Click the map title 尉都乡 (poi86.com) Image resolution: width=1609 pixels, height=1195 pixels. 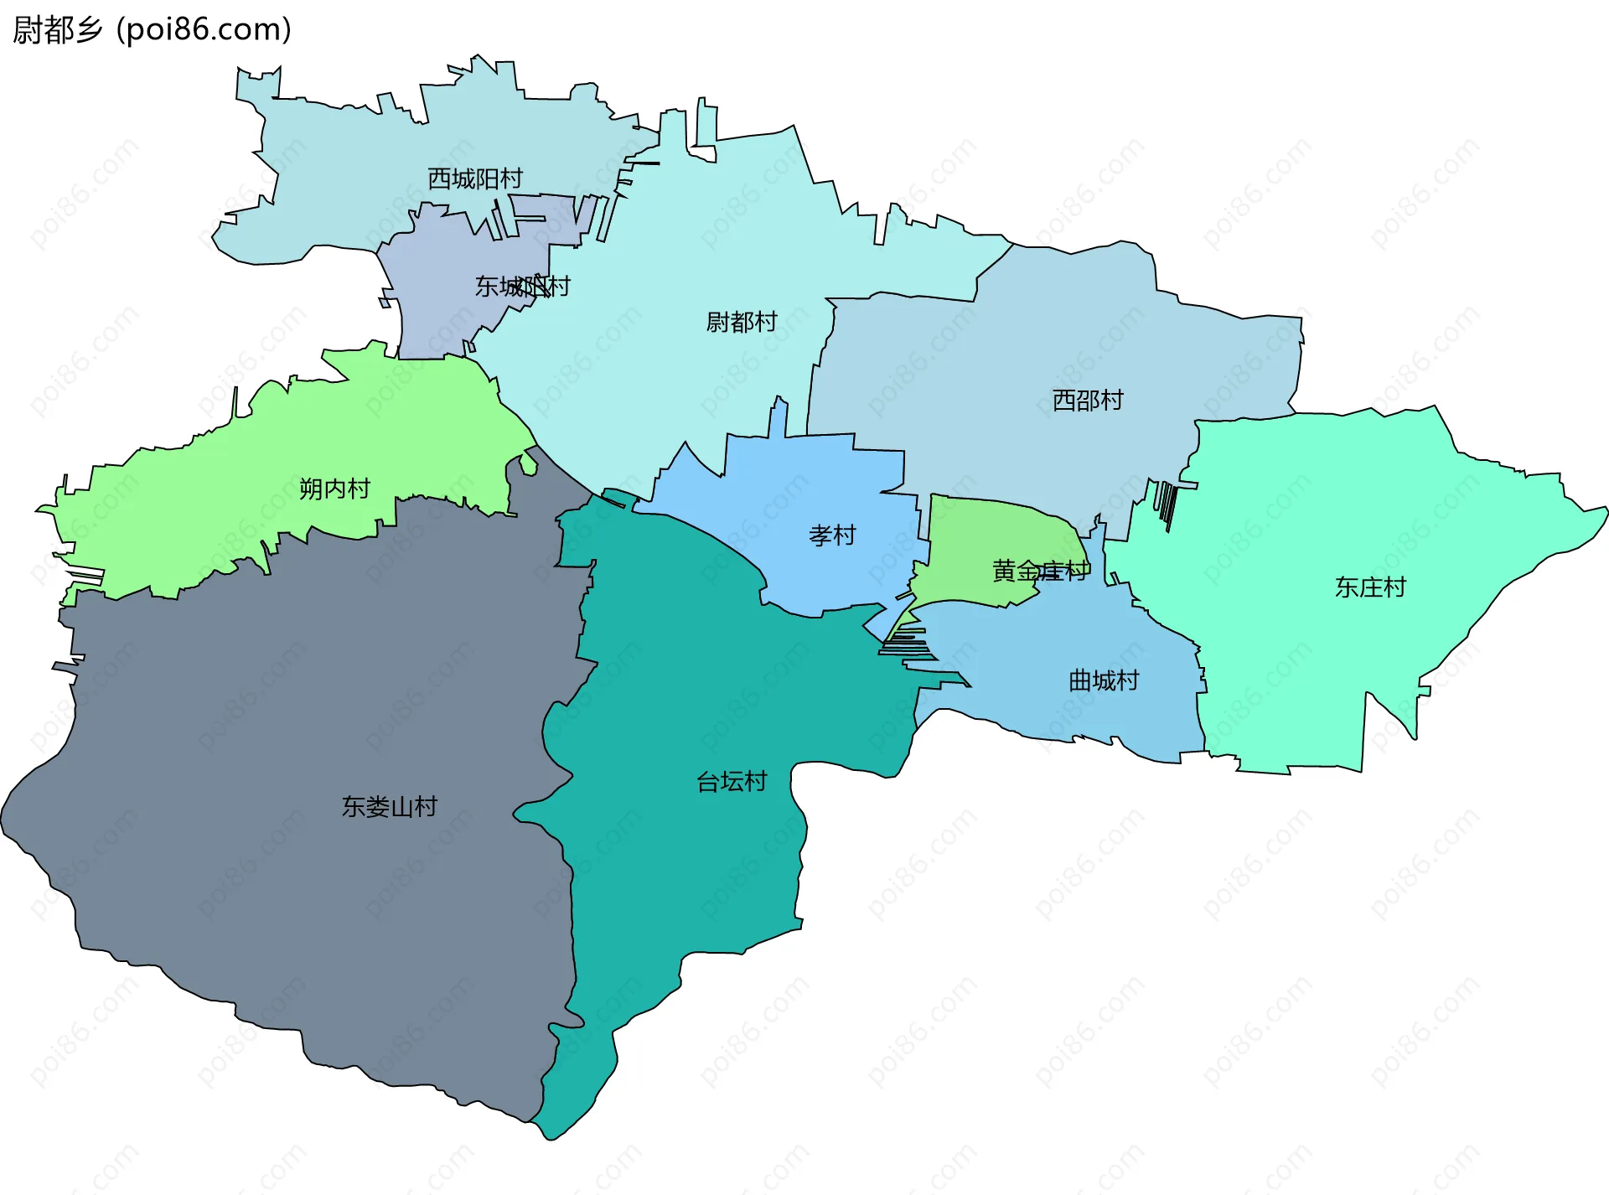click(153, 30)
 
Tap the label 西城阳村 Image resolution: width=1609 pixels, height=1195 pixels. click(474, 178)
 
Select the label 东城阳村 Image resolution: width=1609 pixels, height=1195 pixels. click(522, 287)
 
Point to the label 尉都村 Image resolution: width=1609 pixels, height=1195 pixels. click(742, 322)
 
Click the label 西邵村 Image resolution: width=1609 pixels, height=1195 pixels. click(1088, 401)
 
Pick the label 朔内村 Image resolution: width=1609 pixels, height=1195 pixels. click(334, 489)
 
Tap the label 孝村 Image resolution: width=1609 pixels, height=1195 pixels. click(832, 535)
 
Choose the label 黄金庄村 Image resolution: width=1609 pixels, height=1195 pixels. click(1041, 572)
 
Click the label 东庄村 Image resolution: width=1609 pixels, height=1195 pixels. click(1370, 587)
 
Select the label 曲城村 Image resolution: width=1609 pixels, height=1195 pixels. click(1104, 680)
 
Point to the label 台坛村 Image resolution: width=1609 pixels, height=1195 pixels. click(732, 782)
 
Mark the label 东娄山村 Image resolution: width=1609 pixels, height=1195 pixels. click(389, 807)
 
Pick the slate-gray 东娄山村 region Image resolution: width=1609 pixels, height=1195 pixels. click(293, 880)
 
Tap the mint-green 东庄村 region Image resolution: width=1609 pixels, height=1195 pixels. click(1341, 503)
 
